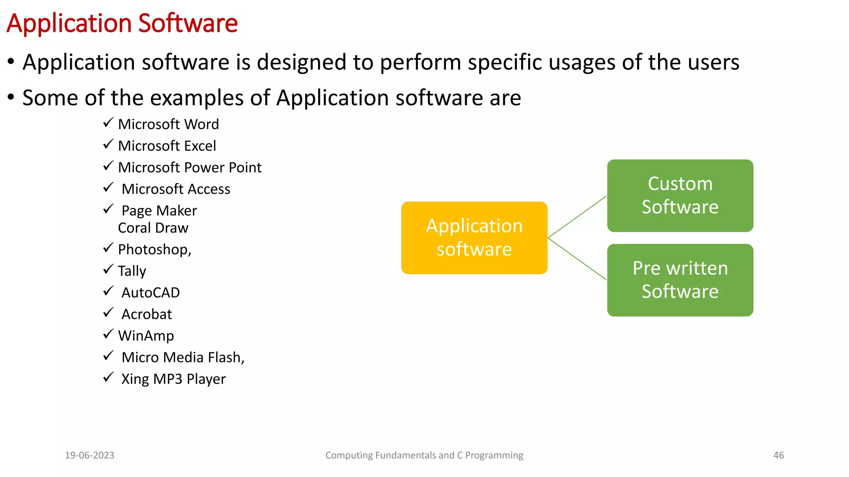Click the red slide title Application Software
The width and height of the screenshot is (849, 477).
(x=122, y=23)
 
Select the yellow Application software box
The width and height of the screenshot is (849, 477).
(x=474, y=238)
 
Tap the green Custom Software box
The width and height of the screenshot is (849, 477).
(x=680, y=195)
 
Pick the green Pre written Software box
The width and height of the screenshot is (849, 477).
(x=680, y=280)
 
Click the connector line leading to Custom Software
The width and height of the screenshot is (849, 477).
(x=577, y=217)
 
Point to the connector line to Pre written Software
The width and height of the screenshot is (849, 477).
(x=577, y=259)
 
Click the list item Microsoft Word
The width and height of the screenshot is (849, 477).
(x=168, y=124)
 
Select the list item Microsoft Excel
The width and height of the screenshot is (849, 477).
(x=167, y=146)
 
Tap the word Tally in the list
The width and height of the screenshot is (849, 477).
(x=132, y=271)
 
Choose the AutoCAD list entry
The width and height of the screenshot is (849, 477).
(x=150, y=293)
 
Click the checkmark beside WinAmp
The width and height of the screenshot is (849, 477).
(x=108, y=334)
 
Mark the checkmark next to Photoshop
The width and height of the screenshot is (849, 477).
(x=108, y=248)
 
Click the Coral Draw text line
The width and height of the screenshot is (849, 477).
(x=153, y=228)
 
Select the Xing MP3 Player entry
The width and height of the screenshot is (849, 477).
(x=173, y=379)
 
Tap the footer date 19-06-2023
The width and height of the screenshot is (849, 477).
(x=90, y=455)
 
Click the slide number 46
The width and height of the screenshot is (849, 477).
(x=779, y=455)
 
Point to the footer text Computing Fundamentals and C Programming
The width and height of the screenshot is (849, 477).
(x=424, y=455)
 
